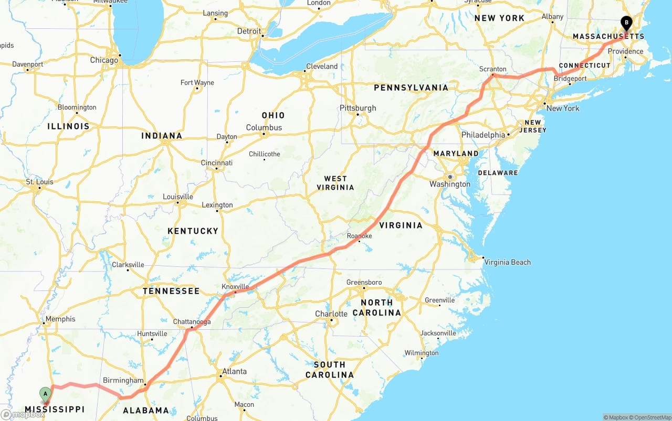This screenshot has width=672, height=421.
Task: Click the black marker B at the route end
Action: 626,23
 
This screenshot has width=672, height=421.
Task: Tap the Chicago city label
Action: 104,60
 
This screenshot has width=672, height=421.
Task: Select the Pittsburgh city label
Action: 358,108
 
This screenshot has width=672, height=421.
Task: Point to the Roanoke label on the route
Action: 359,236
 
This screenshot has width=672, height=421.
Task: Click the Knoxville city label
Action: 235,287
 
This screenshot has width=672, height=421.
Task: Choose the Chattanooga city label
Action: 192,322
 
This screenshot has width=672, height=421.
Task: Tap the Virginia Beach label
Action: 507,262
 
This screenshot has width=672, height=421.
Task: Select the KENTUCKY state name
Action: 193,231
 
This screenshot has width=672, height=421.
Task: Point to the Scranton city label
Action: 492,69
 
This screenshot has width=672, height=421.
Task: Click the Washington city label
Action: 450,184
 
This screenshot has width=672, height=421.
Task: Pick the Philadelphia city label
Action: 483,135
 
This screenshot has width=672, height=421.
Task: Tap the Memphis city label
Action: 60,319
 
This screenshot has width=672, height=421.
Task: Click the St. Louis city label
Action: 39,182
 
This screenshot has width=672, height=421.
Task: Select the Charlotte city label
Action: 331,314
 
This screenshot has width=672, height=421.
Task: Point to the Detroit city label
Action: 249,31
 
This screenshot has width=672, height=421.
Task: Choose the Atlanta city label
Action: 234,371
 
